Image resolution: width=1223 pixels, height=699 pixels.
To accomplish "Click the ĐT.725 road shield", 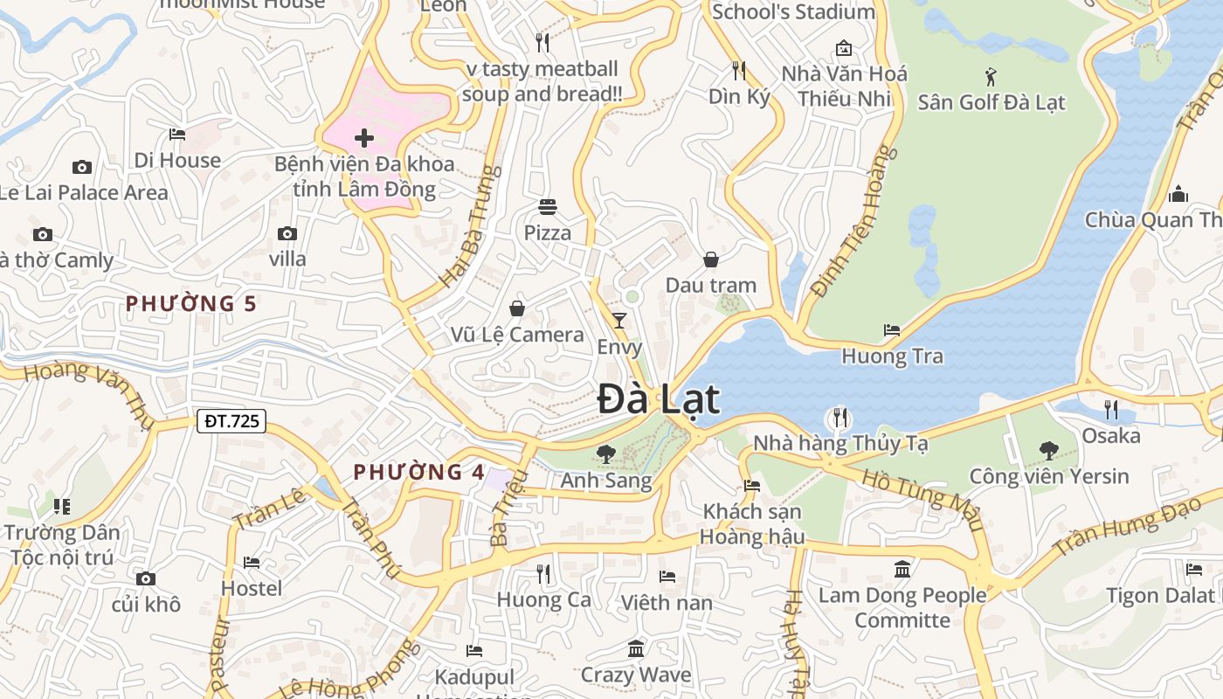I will [231, 421].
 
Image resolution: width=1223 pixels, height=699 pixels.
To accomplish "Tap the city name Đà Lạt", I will [659, 400].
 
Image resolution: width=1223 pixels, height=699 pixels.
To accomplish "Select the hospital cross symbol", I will [364, 138].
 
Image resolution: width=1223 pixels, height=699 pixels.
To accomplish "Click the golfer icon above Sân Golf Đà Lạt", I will [991, 76].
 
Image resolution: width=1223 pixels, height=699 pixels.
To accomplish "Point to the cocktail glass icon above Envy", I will [619, 321].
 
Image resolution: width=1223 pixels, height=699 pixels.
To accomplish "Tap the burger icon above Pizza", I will [548, 207].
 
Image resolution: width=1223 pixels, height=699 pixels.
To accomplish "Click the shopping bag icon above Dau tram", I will [711, 260].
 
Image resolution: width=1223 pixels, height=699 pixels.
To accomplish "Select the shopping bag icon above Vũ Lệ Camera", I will [517, 308].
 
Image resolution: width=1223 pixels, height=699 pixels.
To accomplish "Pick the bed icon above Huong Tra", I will [891, 330].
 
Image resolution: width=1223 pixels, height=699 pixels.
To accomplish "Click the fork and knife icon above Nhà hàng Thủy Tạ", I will [840, 417].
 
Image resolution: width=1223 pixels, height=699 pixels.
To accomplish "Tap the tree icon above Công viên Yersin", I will [1048, 451].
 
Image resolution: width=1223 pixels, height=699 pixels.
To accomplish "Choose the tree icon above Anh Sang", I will [605, 454].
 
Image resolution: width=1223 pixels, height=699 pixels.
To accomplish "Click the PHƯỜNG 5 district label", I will [191, 304].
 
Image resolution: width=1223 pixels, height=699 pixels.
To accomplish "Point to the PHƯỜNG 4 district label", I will [418, 473].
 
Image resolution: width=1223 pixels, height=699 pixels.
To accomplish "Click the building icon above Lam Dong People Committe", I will [902, 570].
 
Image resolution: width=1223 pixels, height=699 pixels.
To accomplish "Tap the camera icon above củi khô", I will [146, 578].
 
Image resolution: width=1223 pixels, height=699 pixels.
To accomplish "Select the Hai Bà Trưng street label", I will [470, 226].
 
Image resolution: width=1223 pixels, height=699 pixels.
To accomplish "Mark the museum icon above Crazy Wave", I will [636, 649].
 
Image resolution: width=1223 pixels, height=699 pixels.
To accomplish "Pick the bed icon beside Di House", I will [177, 135].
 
